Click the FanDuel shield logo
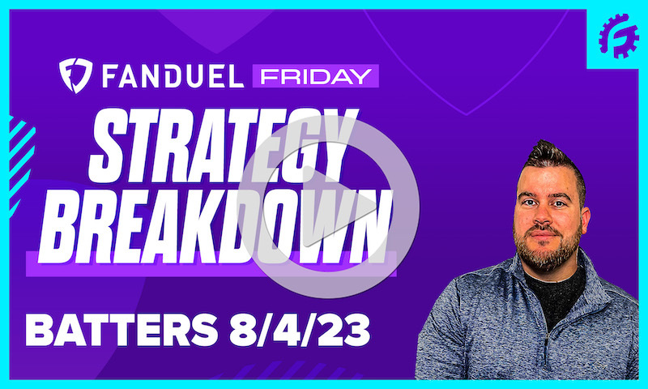(x=73, y=75)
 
